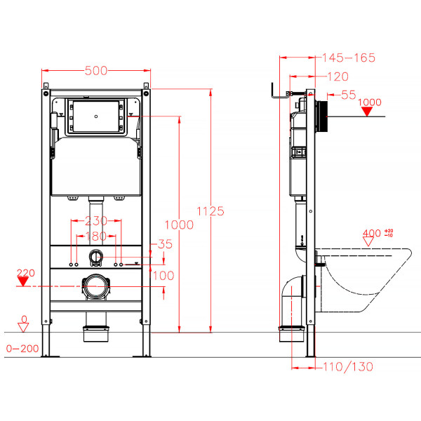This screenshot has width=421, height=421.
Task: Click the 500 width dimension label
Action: [x=95, y=71]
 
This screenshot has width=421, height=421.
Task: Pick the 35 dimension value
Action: [x=165, y=245]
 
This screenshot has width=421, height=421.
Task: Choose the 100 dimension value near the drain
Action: [x=163, y=276]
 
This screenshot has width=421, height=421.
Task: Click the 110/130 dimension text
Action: [x=348, y=366]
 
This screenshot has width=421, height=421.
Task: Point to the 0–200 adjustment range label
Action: [x=21, y=348]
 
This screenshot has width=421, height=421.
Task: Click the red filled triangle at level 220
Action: [x=22, y=282]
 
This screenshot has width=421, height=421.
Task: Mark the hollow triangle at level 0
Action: [x=22, y=326]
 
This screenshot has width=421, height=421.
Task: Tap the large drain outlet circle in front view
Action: [x=96, y=286]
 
